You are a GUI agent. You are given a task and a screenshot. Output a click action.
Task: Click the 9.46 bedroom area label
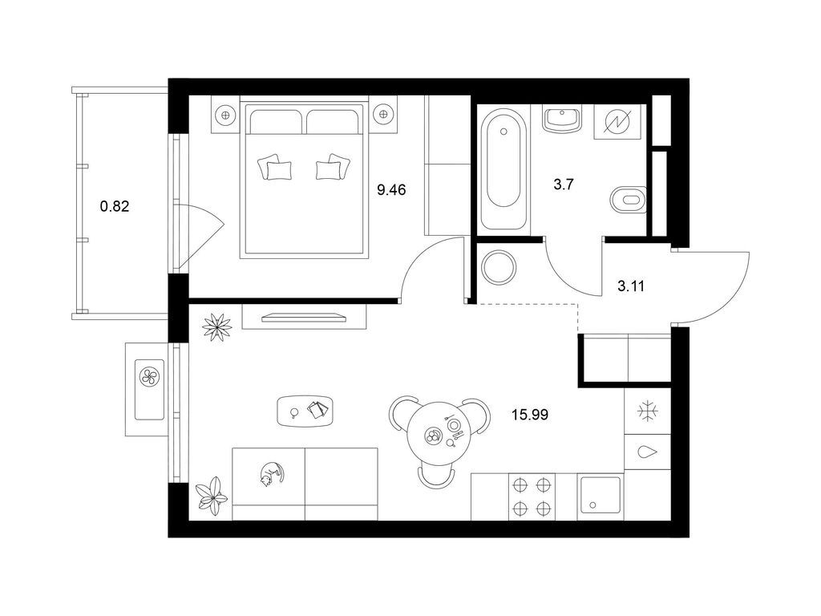391,189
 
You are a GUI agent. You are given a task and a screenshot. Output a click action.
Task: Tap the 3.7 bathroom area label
564,184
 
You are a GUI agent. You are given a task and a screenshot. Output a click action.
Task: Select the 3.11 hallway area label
631,286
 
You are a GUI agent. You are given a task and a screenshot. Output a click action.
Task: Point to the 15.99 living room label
530,415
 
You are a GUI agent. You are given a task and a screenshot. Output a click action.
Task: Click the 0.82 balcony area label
114,206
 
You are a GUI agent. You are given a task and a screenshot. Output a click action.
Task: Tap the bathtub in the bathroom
504,168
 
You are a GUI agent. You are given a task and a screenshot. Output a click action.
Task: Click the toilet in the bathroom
628,200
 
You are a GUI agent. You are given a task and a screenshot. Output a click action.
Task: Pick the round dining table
442,435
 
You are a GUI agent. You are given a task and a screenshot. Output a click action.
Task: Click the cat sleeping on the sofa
271,473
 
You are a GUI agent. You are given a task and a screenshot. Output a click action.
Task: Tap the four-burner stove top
532,496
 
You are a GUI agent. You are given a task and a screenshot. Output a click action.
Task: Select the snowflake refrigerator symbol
648,411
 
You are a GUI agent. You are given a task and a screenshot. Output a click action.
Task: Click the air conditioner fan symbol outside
150,375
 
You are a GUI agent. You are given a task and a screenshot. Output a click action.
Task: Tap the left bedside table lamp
225,114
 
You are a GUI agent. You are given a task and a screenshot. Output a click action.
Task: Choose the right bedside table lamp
382,114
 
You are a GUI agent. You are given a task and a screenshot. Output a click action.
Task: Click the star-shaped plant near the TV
216,327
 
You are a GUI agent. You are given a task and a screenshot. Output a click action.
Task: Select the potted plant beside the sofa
212,495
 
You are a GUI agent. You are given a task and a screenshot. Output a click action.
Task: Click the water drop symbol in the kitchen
648,452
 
